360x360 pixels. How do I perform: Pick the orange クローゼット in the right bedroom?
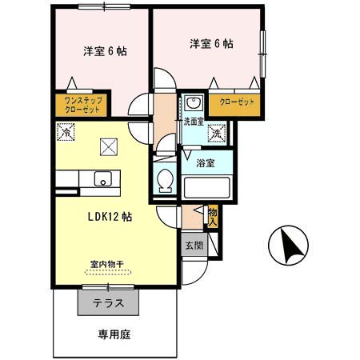pyautogui.click(x=234, y=104)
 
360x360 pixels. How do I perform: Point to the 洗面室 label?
pyautogui.click(x=193, y=122)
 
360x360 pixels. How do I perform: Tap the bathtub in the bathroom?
pyautogui.click(x=207, y=188)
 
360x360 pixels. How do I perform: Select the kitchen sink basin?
pyautogui.click(x=102, y=179)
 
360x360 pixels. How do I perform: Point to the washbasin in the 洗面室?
pyautogui.click(x=193, y=104)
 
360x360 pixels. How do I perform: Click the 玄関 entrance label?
pyautogui.click(x=194, y=246)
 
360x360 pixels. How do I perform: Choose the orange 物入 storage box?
pyautogui.click(x=213, y=215)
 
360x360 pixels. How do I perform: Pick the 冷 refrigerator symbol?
pyautogui.click(x=64, y=134)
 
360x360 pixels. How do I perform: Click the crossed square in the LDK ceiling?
pyautogui.click(x=107, y=146)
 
